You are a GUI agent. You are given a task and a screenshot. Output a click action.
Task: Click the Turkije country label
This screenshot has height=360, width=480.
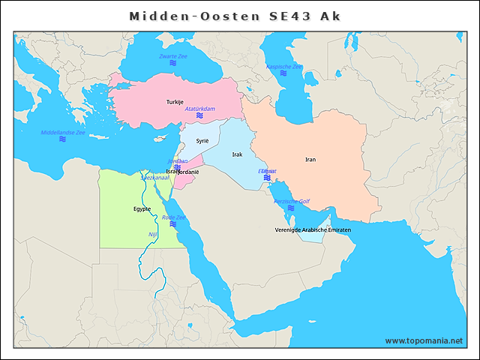(174, 102)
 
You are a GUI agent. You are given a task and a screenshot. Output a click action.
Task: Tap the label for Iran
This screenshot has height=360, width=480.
(310, 160)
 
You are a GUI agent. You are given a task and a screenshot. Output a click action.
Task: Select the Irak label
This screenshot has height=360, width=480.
(237, 154)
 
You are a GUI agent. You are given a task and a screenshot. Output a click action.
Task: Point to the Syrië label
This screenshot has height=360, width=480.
(202, 141)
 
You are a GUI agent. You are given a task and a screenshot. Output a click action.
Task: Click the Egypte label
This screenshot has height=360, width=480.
(142, 209)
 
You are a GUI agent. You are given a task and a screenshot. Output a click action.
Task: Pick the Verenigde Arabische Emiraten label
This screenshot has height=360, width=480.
(313, 229)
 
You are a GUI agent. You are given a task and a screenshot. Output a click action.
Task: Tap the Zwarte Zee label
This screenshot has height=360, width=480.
(172, 57)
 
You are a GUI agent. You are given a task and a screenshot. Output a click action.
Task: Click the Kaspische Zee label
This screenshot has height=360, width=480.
(284, 67)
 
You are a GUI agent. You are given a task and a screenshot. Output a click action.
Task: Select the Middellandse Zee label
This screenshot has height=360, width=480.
(63, 132)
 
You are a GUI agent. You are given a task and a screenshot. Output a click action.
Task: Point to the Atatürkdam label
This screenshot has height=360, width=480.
(199, 109)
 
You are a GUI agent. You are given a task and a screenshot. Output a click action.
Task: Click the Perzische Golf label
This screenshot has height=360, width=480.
(291, 202)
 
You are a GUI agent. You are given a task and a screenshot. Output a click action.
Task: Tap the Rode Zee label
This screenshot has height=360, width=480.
(173, 217)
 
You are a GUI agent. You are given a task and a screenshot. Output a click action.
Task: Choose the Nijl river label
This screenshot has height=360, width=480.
(153, 235)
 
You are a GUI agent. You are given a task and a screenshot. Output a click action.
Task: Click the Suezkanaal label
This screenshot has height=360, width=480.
(155, 178)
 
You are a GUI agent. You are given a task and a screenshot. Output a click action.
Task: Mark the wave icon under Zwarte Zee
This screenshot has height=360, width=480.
(172, 64)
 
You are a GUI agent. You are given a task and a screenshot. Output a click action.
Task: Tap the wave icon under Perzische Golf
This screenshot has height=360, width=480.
(291, 209)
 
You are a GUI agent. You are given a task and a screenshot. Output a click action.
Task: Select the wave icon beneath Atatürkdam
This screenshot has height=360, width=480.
(199, 116)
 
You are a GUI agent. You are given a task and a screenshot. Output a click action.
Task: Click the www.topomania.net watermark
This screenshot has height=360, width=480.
(424, 340)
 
